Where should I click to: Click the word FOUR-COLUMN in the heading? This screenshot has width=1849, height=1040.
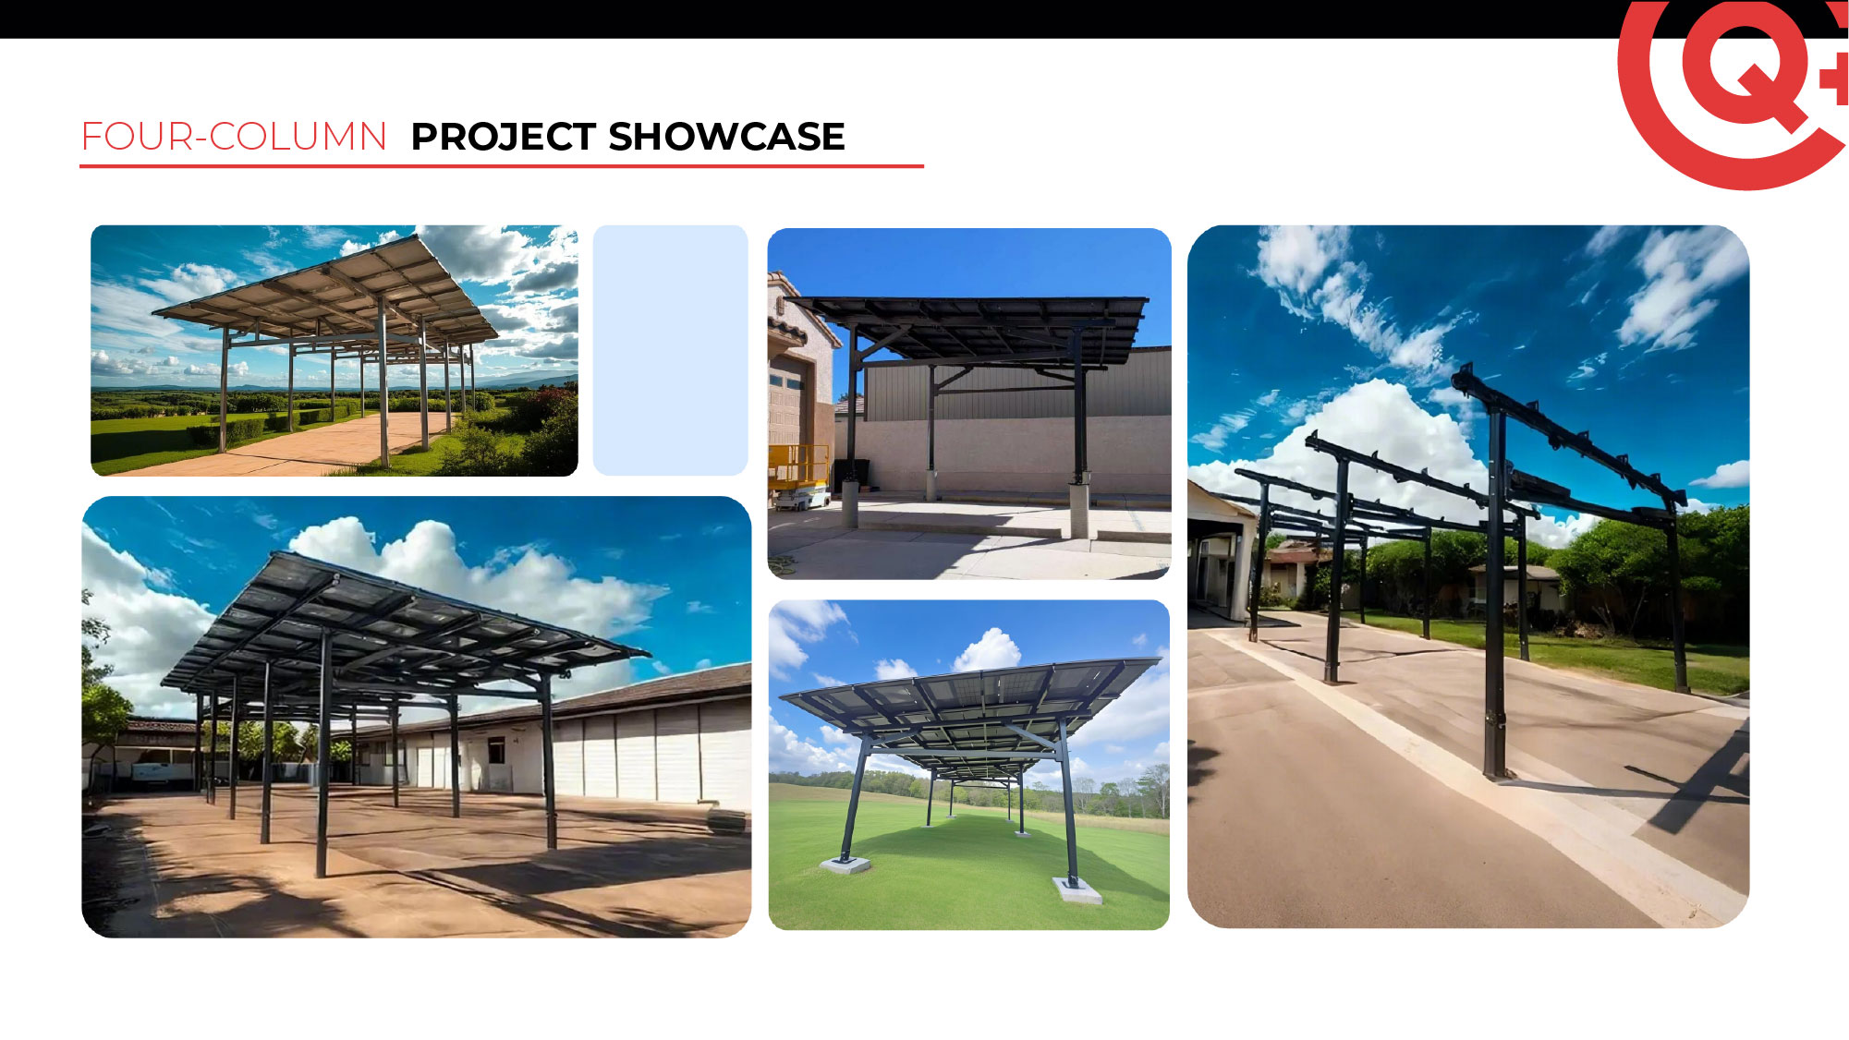[x=234, y=137]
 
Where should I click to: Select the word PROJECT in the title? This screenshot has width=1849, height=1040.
[x=503, y=137]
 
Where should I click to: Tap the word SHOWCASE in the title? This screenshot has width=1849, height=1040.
[x=726, y=137]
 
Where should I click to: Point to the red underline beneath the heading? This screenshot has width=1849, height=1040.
[x=502, y=166]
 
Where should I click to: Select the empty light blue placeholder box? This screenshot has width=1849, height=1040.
[x=670, y=350]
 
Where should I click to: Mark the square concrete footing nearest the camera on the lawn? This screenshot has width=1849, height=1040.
[x=1078, y=890]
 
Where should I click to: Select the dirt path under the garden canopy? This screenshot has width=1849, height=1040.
[x=305, y=443]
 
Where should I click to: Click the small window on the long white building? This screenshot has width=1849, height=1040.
[x=497, y=751]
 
